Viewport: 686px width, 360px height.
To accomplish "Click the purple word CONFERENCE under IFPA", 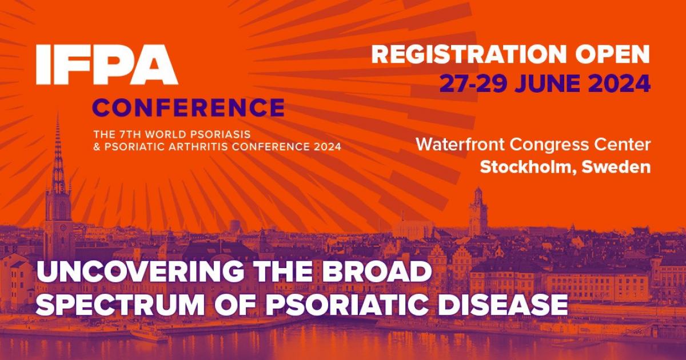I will click(189, 107).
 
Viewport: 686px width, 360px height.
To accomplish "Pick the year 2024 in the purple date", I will click(620, 83).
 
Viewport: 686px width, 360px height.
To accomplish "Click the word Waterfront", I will click(461, 145).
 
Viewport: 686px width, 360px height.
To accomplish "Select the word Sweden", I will click(620, 167).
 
